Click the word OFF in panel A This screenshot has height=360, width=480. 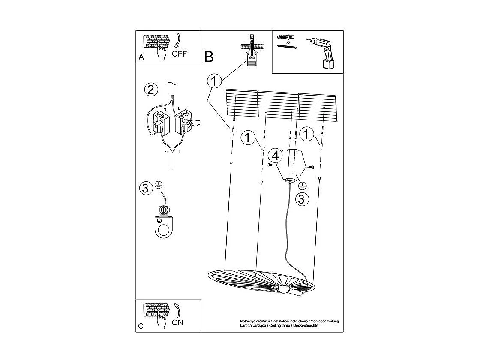pos(180,54)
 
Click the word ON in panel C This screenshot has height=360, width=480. pos(177,322)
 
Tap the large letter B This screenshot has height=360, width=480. pos(209,56)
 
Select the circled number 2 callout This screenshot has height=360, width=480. pos(150,90)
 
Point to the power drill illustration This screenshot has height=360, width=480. pos(322,52)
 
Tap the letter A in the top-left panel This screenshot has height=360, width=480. pos(141,57)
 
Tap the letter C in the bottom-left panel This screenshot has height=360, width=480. pos(141,326)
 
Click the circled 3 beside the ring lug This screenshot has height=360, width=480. pos(146,188)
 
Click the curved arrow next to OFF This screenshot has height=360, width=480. pos(176,42)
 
